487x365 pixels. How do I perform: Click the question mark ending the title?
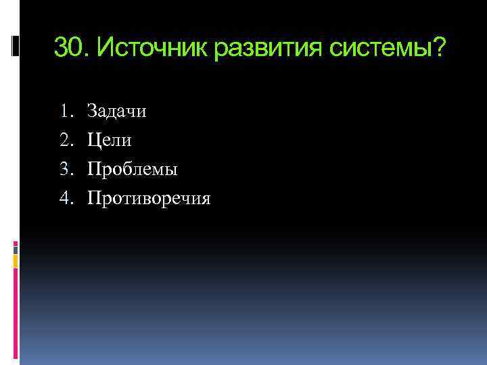point(440,47)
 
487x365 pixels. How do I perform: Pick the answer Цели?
point(110,141)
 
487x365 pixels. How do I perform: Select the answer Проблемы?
point(133,170)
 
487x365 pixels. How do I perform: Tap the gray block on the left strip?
point(16,248)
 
